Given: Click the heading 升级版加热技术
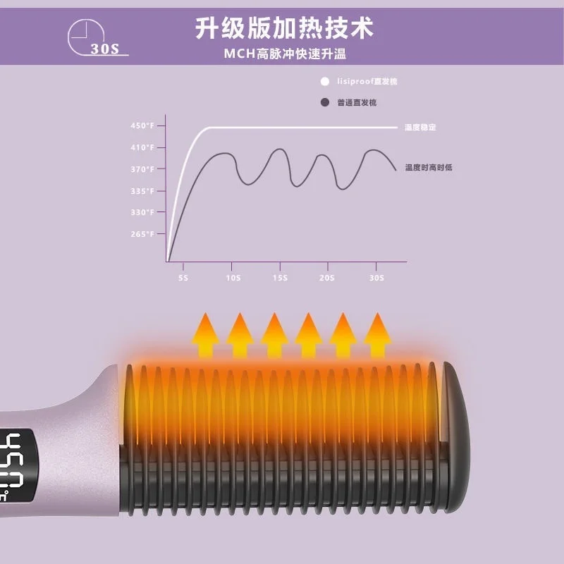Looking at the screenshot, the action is coord(284,30).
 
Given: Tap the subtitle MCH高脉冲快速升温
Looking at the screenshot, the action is coord(285,54).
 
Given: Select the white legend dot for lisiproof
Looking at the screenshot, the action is coord(325,81).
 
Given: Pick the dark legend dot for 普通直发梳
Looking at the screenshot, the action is coord(325,103).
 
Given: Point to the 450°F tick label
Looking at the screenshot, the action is coord(142,126).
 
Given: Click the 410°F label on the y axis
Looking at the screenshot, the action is coord(142,148).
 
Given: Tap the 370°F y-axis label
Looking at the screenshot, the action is coord(142,169).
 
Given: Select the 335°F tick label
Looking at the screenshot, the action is coord(142,191).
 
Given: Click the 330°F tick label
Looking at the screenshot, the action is coord(142,212).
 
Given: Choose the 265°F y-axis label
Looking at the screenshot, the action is coord(142,234).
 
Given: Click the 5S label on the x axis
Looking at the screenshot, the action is coord(184,278).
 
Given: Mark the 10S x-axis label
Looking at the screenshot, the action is coord(231,278).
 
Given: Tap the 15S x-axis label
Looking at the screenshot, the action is coord(281,278).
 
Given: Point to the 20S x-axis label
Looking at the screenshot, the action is coord(326,278).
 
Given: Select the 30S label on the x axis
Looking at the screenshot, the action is coord(376,278).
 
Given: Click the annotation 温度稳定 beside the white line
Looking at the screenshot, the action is coord(421,128).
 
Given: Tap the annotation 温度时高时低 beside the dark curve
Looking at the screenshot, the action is coord(429,168).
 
